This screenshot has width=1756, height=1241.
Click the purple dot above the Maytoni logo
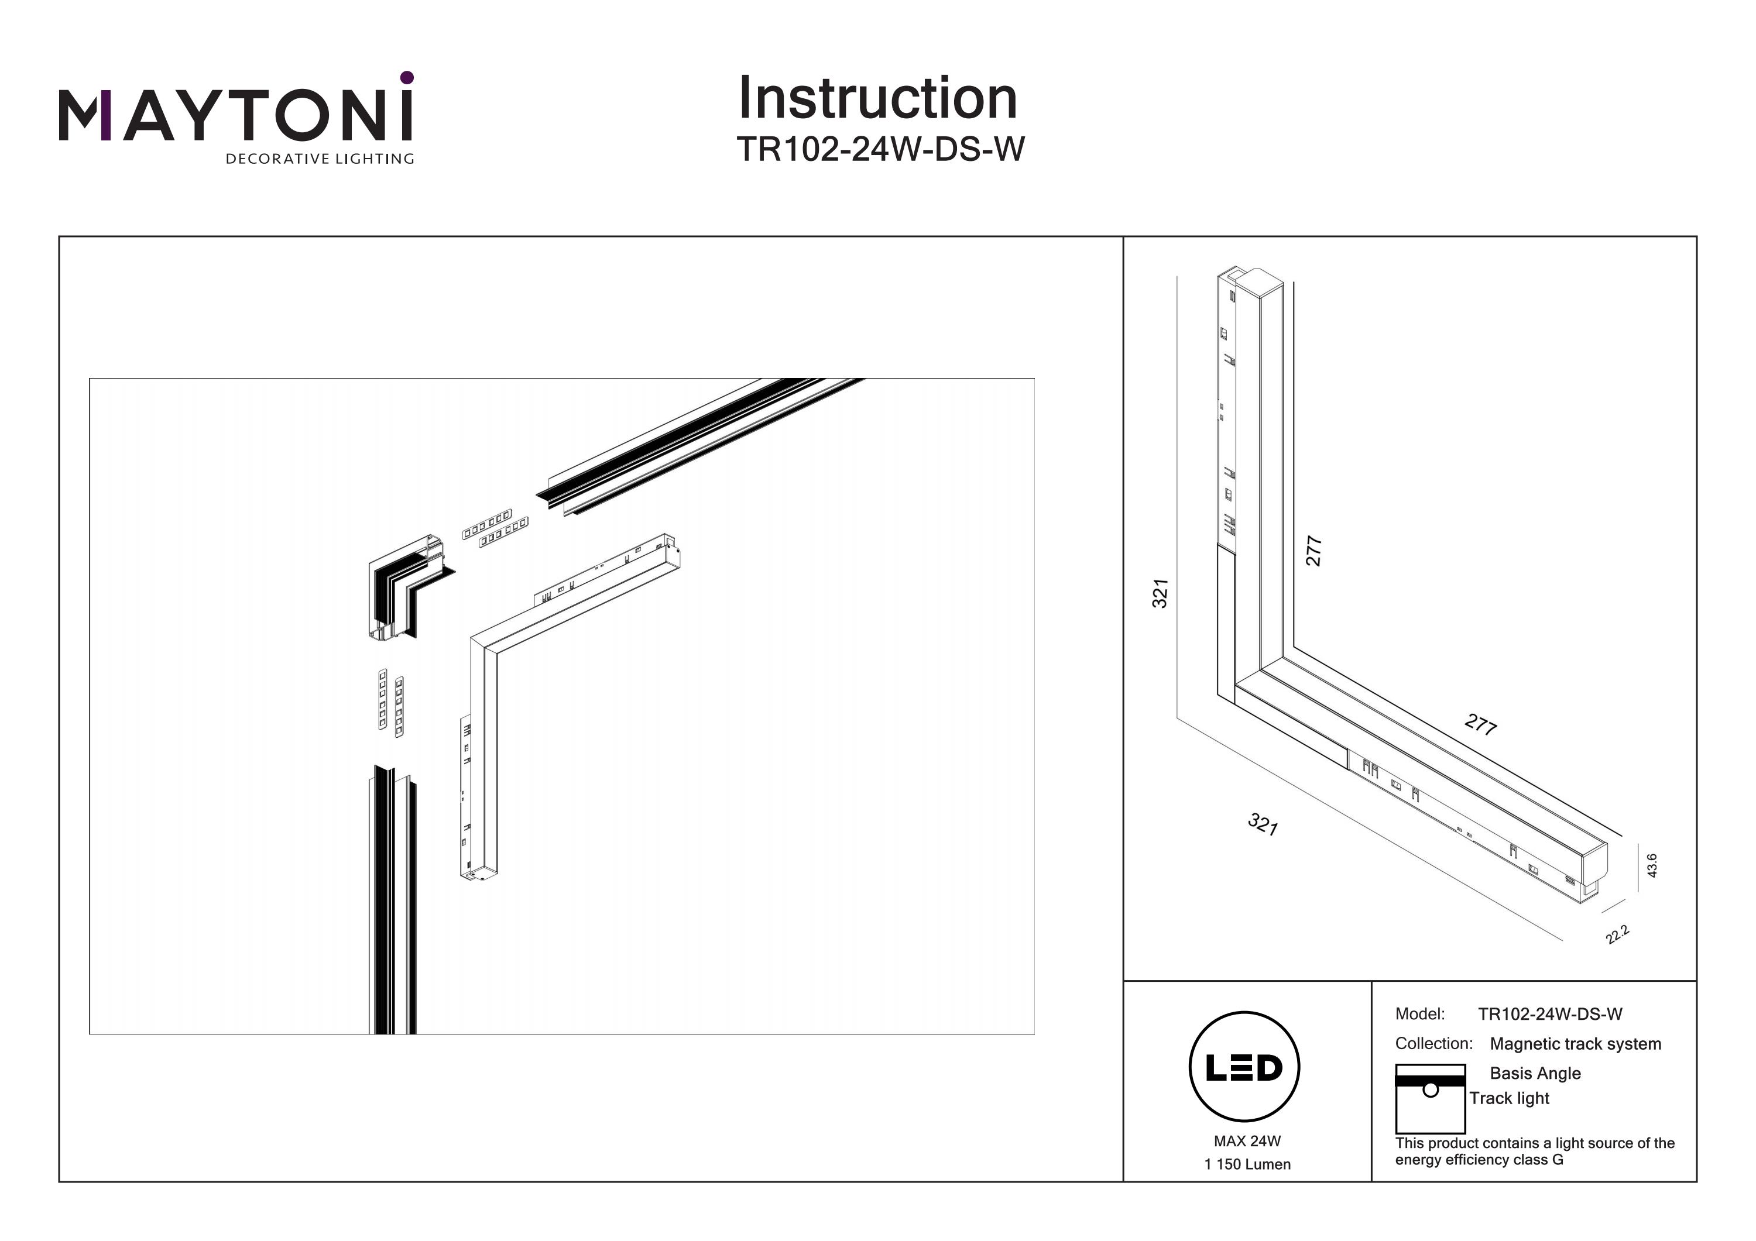407,77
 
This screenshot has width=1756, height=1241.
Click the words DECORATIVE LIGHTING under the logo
319,159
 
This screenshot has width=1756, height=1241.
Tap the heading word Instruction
877,99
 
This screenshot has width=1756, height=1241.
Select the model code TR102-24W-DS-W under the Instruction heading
880,149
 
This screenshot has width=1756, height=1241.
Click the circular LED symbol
1244,1067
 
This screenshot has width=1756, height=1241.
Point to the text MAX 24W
1247,1141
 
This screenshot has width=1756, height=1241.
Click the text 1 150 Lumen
1247,1164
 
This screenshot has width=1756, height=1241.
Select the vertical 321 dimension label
1160,593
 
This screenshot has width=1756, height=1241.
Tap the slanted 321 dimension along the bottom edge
1262,824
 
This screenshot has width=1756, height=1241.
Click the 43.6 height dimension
1651,865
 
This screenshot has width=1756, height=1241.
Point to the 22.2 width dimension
1618,934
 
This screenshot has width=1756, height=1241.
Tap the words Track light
1508,1098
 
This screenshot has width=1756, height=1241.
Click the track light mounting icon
1429,1098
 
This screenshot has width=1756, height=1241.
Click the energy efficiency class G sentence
1534,1151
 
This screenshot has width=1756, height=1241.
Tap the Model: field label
1419,1014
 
